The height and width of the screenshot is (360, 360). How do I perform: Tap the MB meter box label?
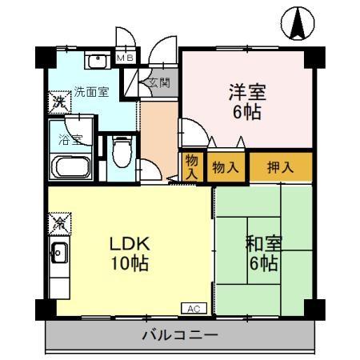coord(126,58)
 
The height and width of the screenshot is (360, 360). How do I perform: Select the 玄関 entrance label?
coord(157,82)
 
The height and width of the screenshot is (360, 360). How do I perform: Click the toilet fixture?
coord(120,152)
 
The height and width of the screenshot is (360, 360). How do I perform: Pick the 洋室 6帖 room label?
coord(245,100)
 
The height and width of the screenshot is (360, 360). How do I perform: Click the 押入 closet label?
coord(279,167)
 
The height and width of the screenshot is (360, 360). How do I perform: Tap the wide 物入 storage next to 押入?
coord(225,167)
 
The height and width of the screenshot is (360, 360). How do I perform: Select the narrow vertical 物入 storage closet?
coord(192,166)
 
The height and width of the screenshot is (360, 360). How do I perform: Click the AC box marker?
coord(194,307)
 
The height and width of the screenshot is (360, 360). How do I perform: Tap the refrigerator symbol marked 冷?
coord(59,222)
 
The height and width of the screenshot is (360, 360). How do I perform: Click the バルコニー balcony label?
coord(180,335)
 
